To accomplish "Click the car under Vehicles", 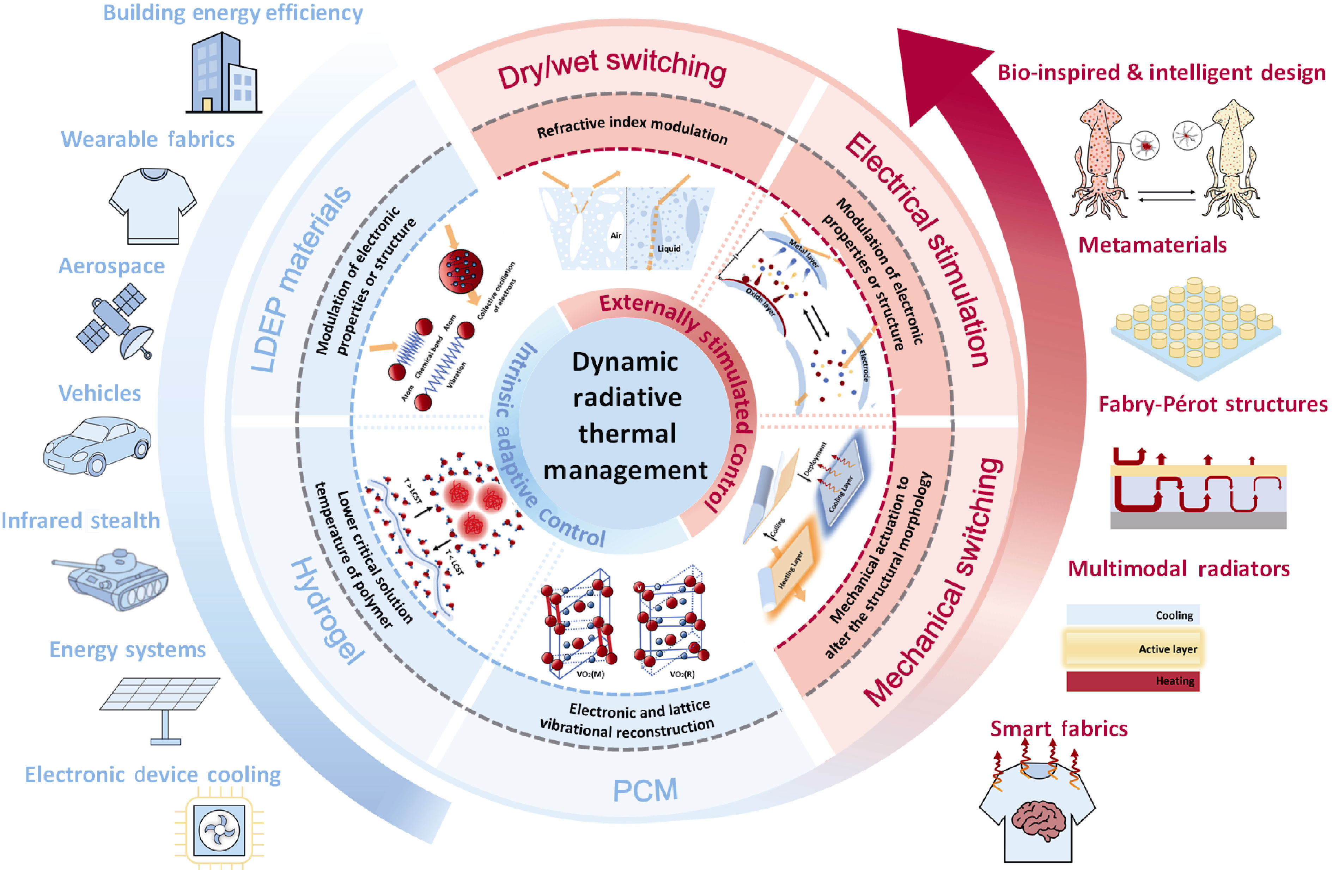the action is point(97,445).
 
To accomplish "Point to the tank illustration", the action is point(110,579).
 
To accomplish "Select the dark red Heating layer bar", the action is point(1132,681).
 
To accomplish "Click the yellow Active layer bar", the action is point(1132,648).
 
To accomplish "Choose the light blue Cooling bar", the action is point(1132,615).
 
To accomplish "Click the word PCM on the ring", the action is point(645,790).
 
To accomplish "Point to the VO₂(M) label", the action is point(590,674).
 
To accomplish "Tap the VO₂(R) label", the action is point(682,674).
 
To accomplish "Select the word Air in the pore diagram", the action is point(615,235).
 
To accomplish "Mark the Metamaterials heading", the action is point(1153,245).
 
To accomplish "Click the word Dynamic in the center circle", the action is point(625,362).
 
